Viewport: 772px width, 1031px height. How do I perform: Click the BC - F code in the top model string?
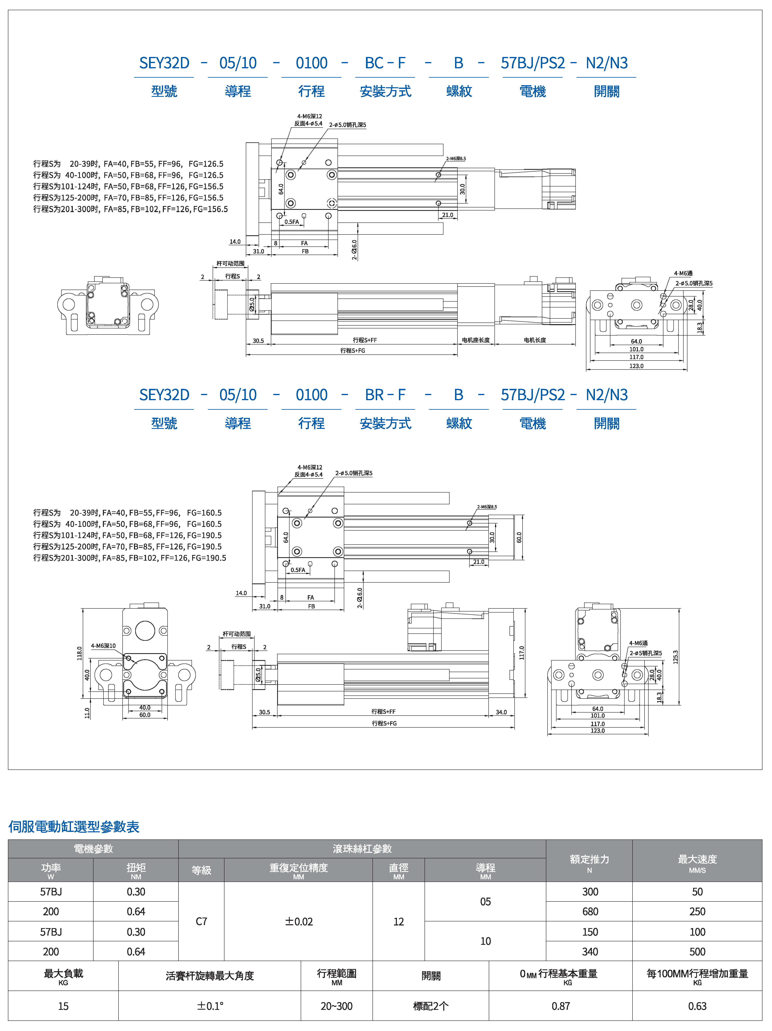pyautogui.click(x=385, y=63)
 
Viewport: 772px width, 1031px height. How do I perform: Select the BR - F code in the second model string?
pyautogui.click(x=385, y=395)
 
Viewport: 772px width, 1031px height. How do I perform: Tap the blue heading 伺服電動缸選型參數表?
pyautogui.click(x=74, y=827)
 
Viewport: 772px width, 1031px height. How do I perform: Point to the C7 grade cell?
pyautogui.click(x=201, y=921)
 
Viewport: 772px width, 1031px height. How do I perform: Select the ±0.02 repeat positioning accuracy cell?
pyautogui.click(x=299, y=921)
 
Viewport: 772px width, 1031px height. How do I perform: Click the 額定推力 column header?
pyautogui.click(x=589, y=859)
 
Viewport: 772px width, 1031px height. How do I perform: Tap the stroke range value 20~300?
pyautogui.click(x=336, y=1006)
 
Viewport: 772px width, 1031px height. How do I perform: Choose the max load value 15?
pyautogui.click(x=63, y=1006)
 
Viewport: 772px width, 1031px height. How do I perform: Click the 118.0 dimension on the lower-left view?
pyautogui.click(x=79, y=653)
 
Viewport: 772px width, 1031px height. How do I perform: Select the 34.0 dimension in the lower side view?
pyautogui.click(x=501, y=712)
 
